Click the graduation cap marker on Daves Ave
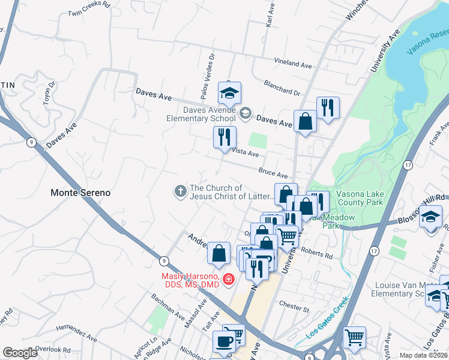(229, 94)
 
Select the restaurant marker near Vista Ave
(225, 137)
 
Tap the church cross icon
(179, 191)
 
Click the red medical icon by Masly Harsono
(228, 279)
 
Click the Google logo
(19, 353)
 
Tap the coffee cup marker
(224, 342)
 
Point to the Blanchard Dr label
(281, 92)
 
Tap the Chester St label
(294, 310)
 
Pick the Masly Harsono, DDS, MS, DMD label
(190, 280)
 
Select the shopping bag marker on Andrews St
(219, 254)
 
